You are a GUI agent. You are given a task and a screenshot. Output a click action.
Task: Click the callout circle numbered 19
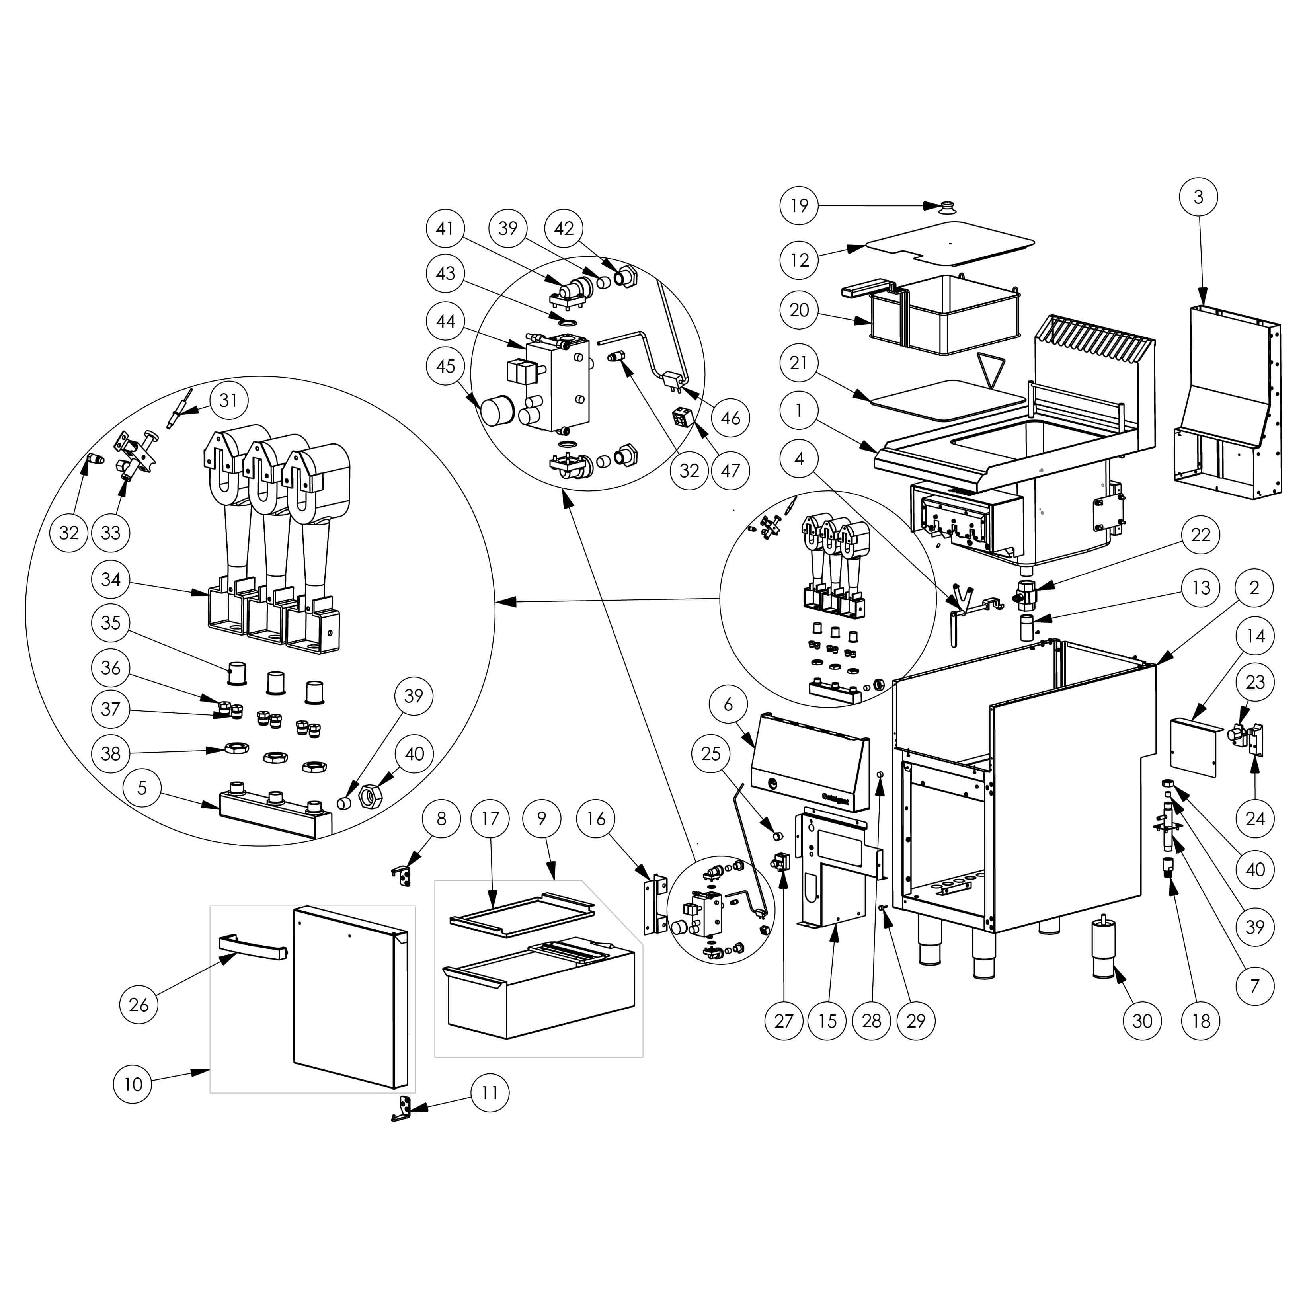click(x=799, y=205)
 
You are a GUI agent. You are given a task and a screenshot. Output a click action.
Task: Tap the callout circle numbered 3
click(x=1198, y=197)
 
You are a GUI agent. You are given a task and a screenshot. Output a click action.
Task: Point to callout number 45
click(x=445, y=366)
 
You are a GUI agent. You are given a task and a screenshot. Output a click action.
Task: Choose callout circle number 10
click(x=133, y=1084)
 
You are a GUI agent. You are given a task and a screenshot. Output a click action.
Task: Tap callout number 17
click(x=490, y=819)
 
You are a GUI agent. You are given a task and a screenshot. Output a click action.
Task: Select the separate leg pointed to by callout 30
click(x=1103, y=959)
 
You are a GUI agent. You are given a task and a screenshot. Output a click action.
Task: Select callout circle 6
click(x=728, y=704)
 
